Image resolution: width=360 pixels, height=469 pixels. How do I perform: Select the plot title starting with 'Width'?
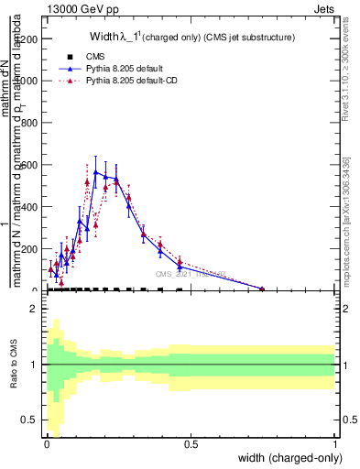coord(191,37)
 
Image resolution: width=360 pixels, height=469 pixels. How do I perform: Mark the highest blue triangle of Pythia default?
coord(95,171)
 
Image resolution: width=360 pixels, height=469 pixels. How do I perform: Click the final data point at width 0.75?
coord(262,289)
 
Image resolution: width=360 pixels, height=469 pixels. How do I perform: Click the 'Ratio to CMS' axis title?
coord(14,365)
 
